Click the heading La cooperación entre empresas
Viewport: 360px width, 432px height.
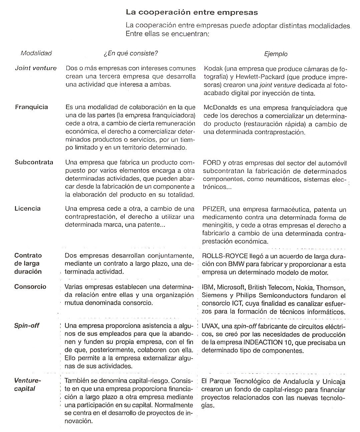[x=192, y=12]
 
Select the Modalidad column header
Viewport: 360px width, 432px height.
[x=36, y=53]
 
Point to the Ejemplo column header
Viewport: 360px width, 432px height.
[x=276, y=54]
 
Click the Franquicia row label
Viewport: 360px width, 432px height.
[x=31, y=107]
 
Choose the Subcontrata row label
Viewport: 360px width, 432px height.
[x=34, y=162]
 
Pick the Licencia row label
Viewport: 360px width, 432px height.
[x=27, y=209]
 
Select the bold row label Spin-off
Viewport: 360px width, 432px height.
[x=27, y=325]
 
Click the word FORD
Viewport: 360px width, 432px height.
[x=212, y=163]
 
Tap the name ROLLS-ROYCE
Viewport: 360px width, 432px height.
[x=225, y=256]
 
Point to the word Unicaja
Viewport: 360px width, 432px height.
[x=334, y=382]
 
